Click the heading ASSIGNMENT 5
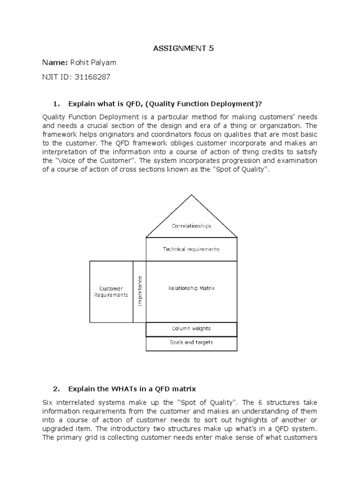pos(184,48)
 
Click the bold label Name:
pos(55,63)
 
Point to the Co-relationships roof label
pos(191,225)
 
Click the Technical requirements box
pos(191,249)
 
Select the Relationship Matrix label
pos(191,288)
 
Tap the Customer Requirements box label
pos(111,292)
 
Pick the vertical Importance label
pos(139,292)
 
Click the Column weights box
pos(191,329)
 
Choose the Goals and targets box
pos(191,343)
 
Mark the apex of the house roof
pos(191,195)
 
